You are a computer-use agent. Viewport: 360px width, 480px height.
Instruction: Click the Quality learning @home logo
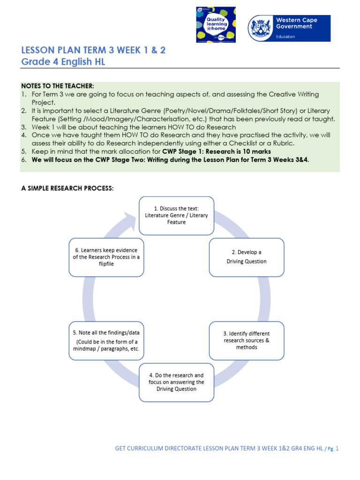(x=216, y=25)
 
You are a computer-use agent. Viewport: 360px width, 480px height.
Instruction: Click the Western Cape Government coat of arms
(x=262, y=28)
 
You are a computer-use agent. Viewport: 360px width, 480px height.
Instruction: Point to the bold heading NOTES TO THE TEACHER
(x=58, y=86)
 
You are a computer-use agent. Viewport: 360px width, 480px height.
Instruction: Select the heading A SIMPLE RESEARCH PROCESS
(x=67, y=188)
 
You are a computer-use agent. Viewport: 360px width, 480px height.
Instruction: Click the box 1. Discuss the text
(x=176, y=215)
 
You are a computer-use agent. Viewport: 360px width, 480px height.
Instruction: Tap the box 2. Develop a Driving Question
(x=247, y=257)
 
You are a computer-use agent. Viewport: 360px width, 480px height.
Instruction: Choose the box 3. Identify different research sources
(x=247, y=340)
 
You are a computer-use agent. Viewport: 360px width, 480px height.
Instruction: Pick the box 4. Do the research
(x=176, y=382)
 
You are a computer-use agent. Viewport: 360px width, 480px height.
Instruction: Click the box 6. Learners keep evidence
(x=106, y=257)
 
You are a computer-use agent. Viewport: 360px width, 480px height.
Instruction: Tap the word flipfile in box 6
(x=106, y=264)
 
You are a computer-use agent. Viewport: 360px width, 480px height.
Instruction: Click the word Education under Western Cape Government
(x=285, y=37)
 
